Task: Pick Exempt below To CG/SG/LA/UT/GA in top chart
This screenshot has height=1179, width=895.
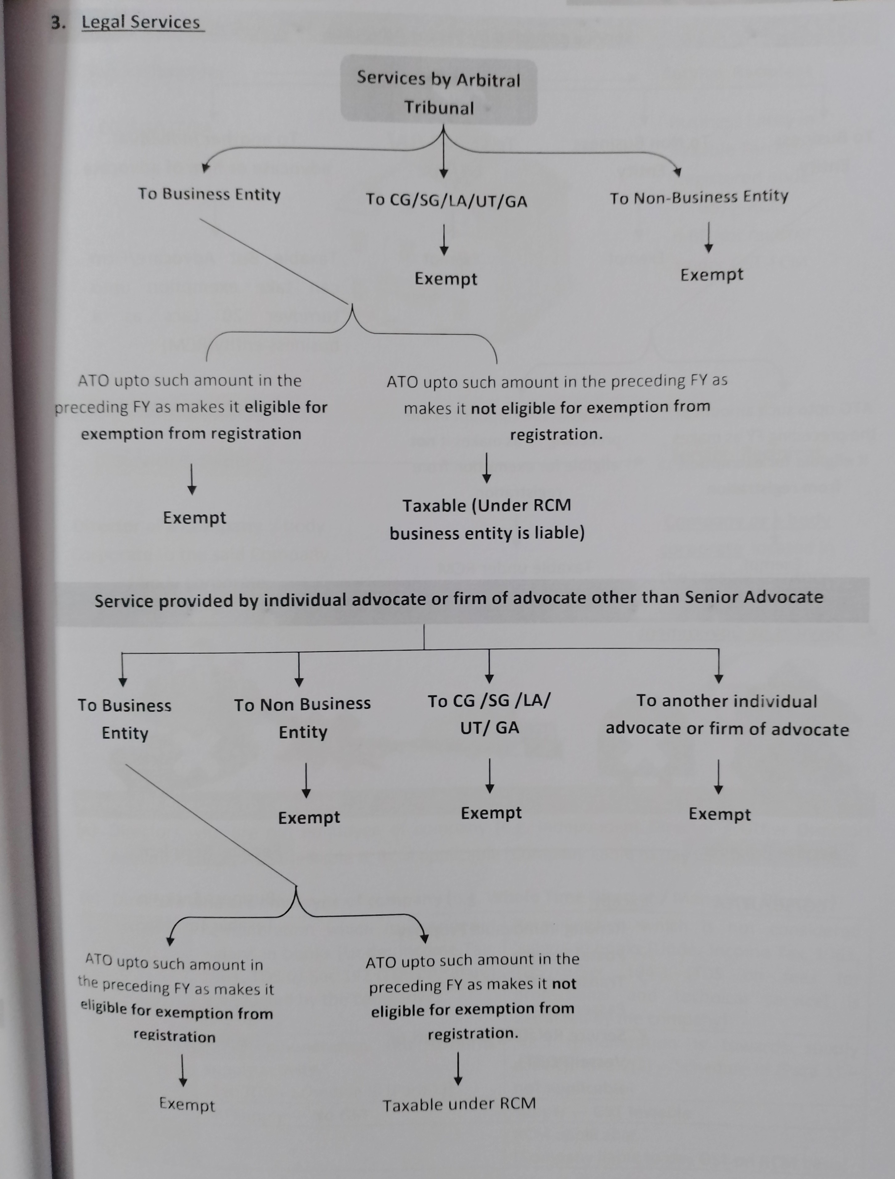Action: click(445, 279)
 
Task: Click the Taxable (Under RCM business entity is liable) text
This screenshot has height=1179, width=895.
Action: click(487, 519)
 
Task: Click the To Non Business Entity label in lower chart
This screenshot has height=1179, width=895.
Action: click(302, 717)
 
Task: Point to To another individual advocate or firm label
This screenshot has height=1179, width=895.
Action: click(727, 715)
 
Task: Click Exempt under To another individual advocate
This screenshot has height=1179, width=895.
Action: click(719, 814)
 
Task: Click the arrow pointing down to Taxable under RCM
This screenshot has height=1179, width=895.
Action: click(458, 1069)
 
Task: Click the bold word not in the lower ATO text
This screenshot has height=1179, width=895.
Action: click(564, 984)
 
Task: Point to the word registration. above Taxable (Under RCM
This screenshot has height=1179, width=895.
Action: click(556, 434)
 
